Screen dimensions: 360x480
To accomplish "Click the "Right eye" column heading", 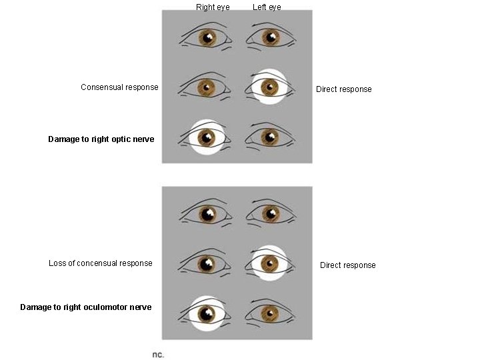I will point(213,7).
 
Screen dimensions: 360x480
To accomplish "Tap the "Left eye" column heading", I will point(267,7).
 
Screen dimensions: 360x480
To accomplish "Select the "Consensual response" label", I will point(119,87).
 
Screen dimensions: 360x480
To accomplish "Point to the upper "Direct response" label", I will point(343,89).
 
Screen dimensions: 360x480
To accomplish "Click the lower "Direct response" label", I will point(347,265).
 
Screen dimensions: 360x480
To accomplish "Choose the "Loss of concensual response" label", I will point(100,263).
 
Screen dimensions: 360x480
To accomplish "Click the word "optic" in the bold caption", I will point(115,139).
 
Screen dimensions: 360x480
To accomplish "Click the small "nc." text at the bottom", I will point(158,355).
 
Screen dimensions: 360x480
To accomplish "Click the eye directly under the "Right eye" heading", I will point(207,38).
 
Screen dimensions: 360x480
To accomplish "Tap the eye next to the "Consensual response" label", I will point(207,87).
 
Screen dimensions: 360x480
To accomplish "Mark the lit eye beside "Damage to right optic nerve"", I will point(207,138).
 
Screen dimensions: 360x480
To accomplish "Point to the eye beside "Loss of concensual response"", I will point(207,263).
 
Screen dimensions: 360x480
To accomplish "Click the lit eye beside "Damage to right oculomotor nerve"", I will point(207,314).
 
